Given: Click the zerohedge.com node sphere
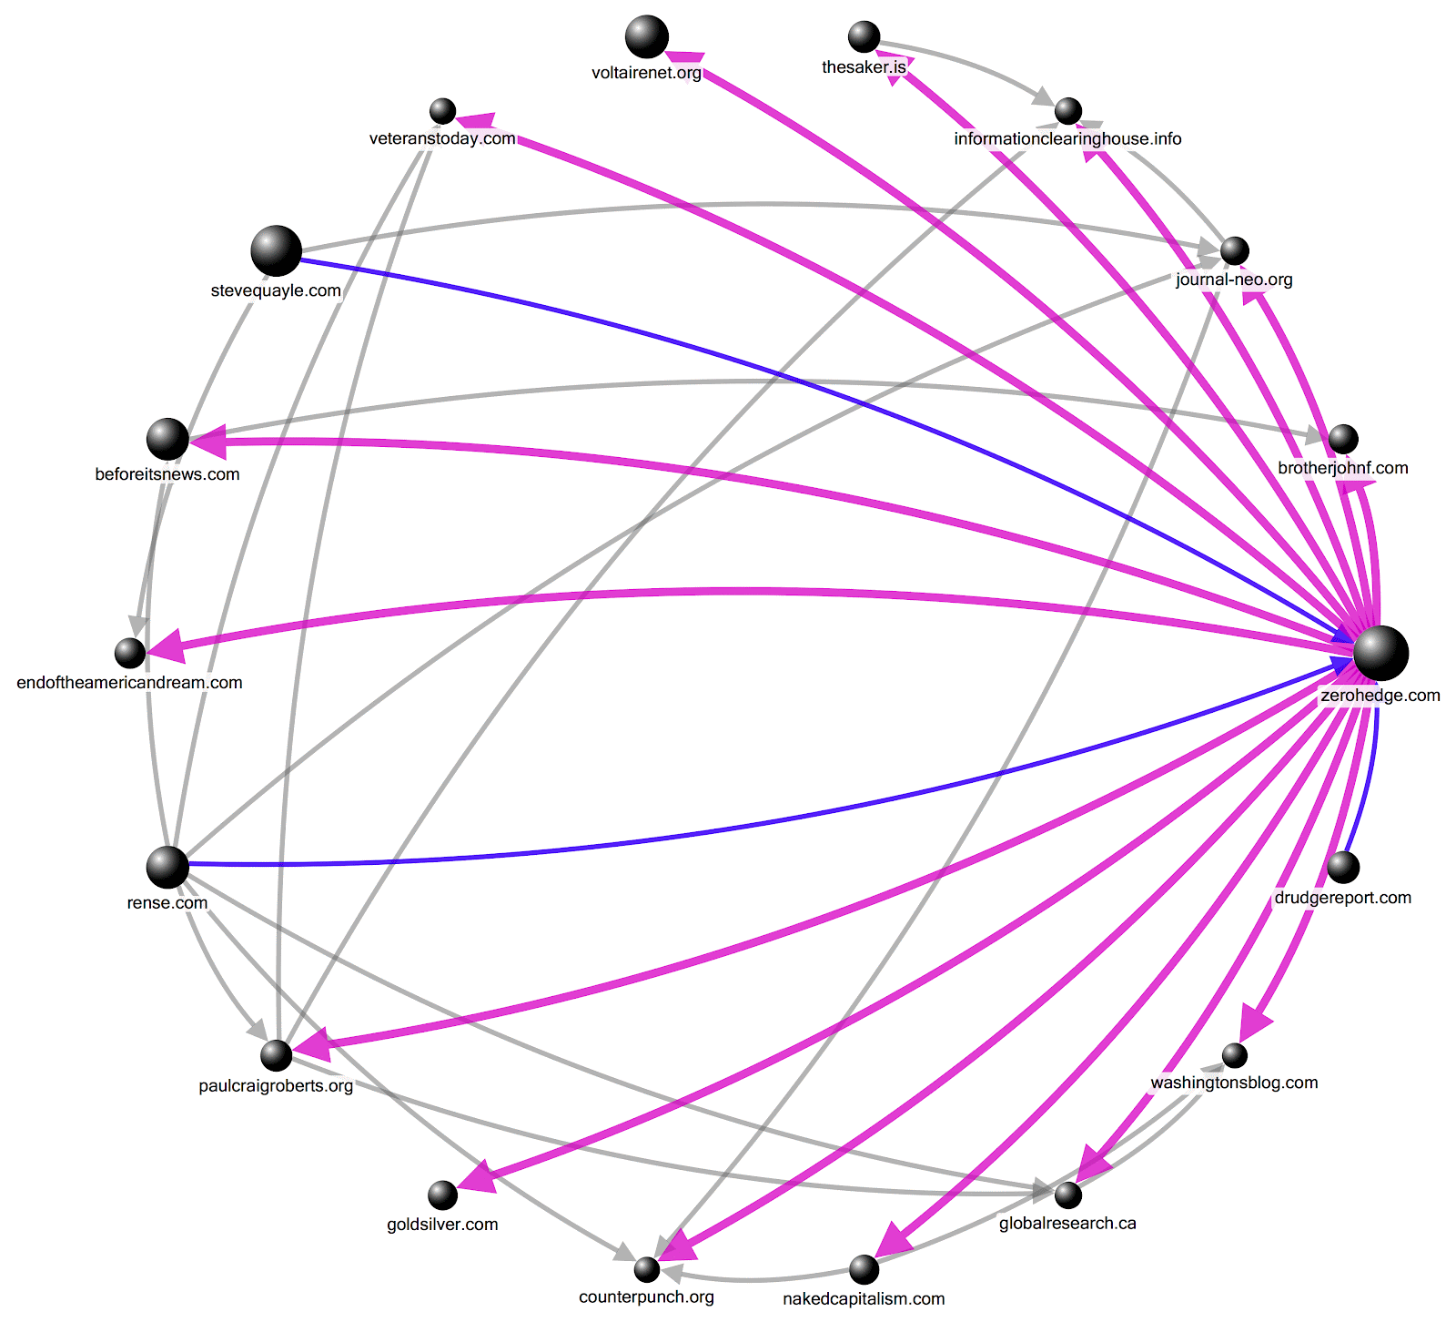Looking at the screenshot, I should [1380, 653].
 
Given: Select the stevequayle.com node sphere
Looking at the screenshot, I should [276, 250].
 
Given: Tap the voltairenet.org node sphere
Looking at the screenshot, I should [647, 37].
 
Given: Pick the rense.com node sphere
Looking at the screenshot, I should [167, 867].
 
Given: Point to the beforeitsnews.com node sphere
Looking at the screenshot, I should [167, 440].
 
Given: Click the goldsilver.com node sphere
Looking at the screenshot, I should [442, 1195].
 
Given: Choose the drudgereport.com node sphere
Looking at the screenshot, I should [1343, 867].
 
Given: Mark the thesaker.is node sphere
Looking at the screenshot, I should [864, 37].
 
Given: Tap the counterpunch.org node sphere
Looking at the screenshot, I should [646, 1268].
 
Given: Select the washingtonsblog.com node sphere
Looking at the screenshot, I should [1234, 1055].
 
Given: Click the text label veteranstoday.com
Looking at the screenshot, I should [442, 138].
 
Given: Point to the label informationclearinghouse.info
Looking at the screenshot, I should [1067, 138].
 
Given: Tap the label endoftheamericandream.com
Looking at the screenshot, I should [130, 683].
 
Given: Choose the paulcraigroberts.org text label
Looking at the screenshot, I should [276, 1086].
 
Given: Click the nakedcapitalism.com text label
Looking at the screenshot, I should [864, 1298].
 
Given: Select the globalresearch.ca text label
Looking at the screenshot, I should [1067, 1224].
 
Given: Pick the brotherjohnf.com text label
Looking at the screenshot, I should [1343, 468].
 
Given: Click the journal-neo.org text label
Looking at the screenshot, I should [1234, 280].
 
